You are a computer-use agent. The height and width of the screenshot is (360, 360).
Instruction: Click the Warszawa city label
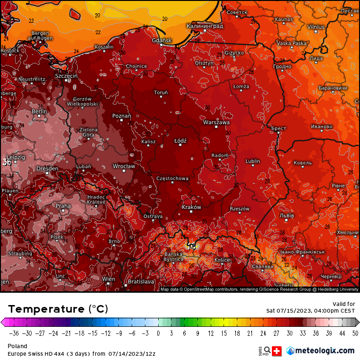[x=216, y=122]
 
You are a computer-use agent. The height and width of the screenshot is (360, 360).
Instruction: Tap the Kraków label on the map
[x=191, y=207]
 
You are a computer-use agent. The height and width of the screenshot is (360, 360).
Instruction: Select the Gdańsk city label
[x=162, y=41]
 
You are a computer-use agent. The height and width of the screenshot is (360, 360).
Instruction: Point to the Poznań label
[x=122, y=116]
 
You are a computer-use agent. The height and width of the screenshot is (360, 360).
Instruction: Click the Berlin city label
[x=39, y=111]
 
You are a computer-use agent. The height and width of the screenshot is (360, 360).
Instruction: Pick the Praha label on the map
[x=63, y=206]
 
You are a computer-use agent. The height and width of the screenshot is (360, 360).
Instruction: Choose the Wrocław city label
[x=124, y=166]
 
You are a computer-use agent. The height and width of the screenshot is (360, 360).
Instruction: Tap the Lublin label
[x=252, y=161]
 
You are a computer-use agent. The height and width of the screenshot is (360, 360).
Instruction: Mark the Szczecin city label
[x=66, y=76]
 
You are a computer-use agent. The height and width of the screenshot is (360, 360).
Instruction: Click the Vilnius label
[x=315, y=27]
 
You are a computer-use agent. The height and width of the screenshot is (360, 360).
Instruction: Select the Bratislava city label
[x=141, y=281]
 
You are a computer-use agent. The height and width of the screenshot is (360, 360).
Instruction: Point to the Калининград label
[x=205, y=26]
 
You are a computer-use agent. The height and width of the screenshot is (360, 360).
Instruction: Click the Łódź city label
[x=180, y=141]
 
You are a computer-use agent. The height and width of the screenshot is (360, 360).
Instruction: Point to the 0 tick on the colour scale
[x=158, y=333]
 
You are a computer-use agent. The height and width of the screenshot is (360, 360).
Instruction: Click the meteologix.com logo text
[x=324, y=351]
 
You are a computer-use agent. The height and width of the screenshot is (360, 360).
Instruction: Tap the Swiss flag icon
[x=278, y=351]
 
